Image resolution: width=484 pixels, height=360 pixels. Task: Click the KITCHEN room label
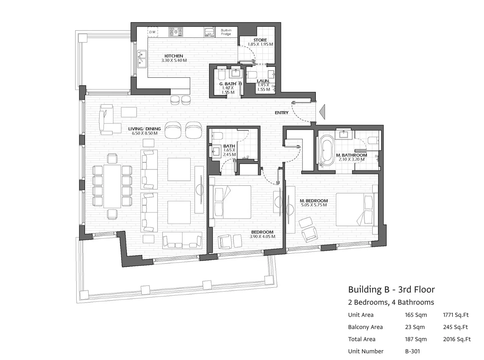(x=174, y=56)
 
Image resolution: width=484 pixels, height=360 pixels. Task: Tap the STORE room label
(x=260, y=40)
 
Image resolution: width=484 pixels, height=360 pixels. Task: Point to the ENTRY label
(x=282, y=113)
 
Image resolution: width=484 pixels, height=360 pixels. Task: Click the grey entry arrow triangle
(x=322, y=112)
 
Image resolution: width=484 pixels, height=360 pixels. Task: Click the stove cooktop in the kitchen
(x=176, y=32)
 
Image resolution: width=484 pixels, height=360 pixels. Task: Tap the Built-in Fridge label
(x=226, y=32)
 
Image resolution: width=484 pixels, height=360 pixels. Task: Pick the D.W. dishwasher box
(x=152, y=32)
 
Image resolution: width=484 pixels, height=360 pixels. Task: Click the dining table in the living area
(x=112, y=186)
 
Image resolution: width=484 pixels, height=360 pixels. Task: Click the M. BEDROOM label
(x=314, y=201)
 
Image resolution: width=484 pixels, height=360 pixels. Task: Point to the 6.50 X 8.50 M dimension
(x=145, y=133)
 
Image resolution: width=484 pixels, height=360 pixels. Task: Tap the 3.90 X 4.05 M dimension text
(x=262, y=237)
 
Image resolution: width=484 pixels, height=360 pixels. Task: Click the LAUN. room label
(x=263, y=81)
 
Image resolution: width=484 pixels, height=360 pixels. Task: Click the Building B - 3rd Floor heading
(x=391, y=290)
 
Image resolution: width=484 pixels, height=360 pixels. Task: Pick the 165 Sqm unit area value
(x=416, y=315)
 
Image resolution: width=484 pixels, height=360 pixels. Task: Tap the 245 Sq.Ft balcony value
(x=456, y=327)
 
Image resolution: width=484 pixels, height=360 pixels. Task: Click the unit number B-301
(x=412, y=351)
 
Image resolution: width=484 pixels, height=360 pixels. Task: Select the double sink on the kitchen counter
(x=142, y=59)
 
